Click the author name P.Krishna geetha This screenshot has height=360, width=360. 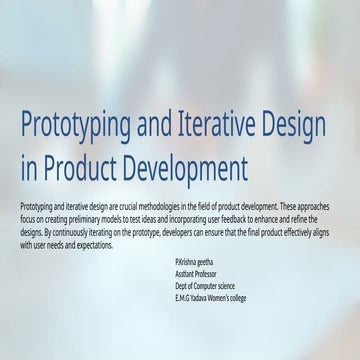[x=193, y=259]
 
